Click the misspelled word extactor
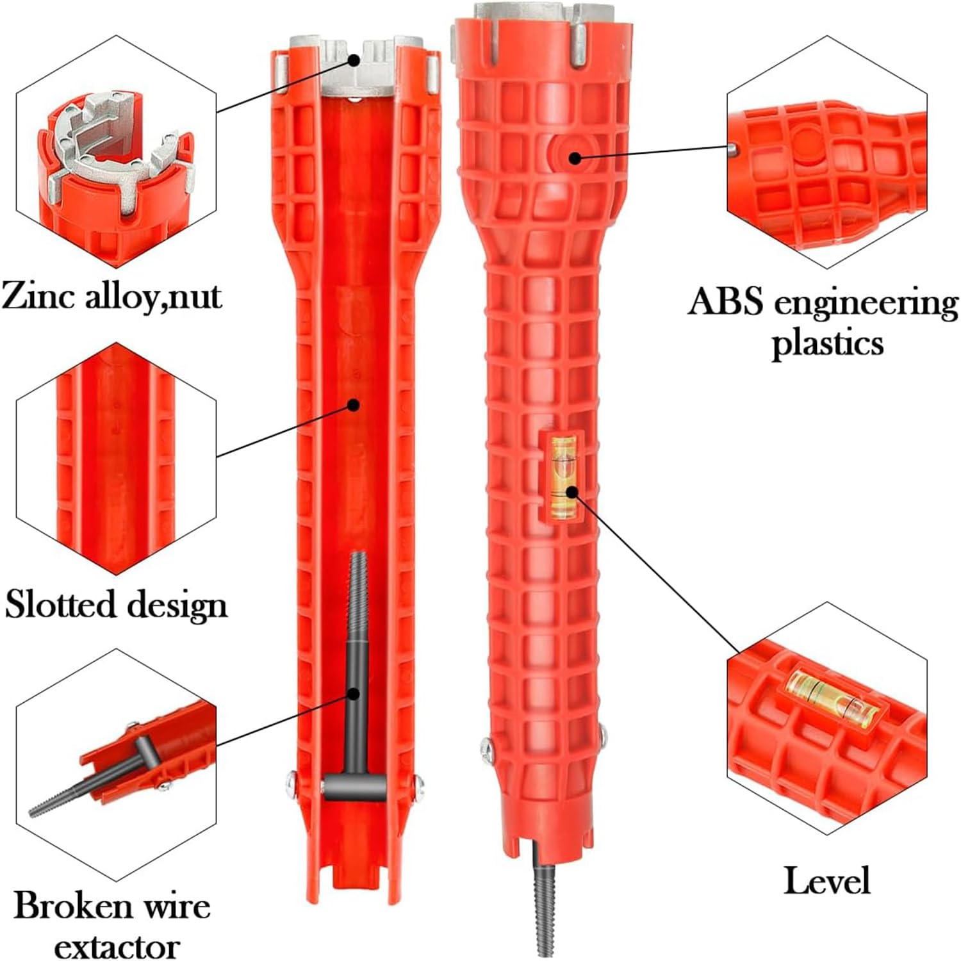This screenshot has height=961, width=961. coord(116,946)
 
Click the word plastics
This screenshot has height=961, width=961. coord(826,343)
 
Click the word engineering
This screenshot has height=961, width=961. coord(866,304)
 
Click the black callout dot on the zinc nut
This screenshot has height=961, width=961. coord(354,59)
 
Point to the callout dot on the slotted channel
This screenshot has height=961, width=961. coord(353,404)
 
